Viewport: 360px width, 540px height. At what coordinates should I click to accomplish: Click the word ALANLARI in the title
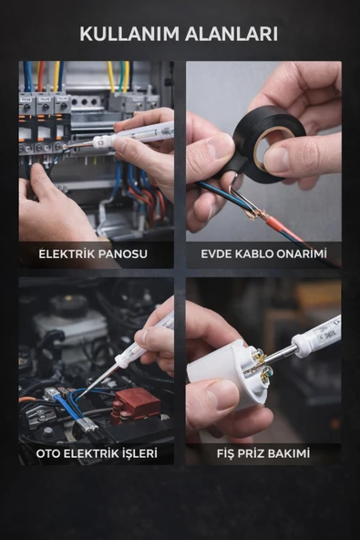pos(231,34)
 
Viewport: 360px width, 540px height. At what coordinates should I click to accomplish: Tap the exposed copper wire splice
pos(253,213)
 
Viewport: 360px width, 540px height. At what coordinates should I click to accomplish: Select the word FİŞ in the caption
pos(225,452)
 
